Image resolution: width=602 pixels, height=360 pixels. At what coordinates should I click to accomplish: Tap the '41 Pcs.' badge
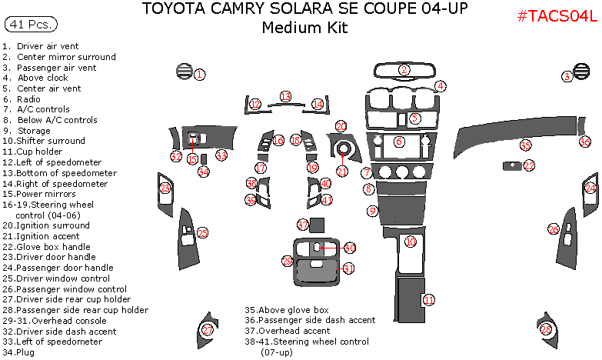point(31,25)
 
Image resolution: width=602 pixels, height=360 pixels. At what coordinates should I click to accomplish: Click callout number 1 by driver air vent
point(199,75)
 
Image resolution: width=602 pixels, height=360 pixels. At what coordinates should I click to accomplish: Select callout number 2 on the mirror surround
point(404,70)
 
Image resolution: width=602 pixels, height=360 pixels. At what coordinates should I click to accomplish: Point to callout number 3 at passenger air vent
point(567,75)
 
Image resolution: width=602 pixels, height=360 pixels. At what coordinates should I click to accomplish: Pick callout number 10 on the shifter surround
point(411,242)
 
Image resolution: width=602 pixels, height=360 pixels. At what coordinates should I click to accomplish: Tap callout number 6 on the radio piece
point(399,142)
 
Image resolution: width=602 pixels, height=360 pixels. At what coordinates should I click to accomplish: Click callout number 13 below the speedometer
point(285,97)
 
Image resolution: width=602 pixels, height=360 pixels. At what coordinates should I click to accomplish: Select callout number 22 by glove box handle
point(528,165)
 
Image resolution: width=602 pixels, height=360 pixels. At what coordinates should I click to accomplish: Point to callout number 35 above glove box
point(525,145)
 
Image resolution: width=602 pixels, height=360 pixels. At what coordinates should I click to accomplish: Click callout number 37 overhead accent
point(303,225)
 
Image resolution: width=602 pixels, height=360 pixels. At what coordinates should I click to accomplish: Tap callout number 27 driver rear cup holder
point(207,329)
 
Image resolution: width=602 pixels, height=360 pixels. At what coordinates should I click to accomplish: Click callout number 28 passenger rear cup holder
point(546,329)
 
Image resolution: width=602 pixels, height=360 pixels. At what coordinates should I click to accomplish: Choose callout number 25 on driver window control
point(202,232)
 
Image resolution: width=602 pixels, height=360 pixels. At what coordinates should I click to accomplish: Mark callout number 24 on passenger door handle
point(590,188)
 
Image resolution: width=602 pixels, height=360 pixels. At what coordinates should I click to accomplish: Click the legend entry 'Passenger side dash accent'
point(317,319)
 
